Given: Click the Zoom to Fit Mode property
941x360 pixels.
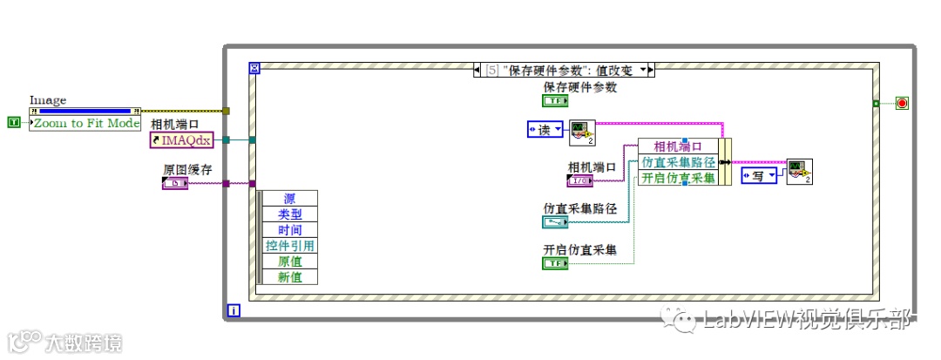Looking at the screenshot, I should [x=85, y=123].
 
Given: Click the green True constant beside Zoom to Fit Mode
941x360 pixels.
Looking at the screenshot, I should [x=13, y=123].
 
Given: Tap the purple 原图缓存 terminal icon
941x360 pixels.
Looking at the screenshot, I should [x=175, y=183].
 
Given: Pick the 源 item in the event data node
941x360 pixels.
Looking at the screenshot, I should [x=290, y=199].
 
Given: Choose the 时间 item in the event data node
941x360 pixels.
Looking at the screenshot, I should [x=290, y=230].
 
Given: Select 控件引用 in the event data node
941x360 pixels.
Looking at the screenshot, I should [x=290, y=246].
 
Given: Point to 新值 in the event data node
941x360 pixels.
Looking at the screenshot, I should [x=290, y=277].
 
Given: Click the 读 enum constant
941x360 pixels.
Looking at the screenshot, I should [x=545, y=130].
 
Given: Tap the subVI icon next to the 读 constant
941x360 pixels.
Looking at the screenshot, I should [x=582, y=132].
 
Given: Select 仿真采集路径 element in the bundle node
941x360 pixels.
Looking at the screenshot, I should [x=678, y=162].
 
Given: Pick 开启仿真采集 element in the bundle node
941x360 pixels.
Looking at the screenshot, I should [x=678, y=178].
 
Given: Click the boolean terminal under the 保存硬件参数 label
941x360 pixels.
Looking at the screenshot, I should [x=556, y=100].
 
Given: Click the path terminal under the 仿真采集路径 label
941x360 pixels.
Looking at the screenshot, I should [x=556, y=222].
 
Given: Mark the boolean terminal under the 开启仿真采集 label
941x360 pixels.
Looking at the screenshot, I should [x=556, y=262].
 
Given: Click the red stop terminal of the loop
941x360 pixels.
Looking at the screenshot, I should [x=902, y=104].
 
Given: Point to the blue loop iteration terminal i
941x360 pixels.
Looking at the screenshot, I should [x=233, y=309].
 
